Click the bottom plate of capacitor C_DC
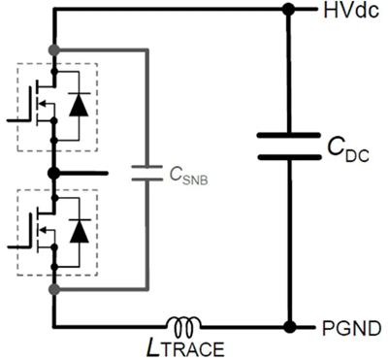click(289, 156)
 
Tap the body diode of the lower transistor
click(80, 231)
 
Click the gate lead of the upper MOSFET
click(19, 116)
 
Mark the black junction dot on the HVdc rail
click(289, 12)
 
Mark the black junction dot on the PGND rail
click(289, 327)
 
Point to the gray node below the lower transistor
click(55, 288)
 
